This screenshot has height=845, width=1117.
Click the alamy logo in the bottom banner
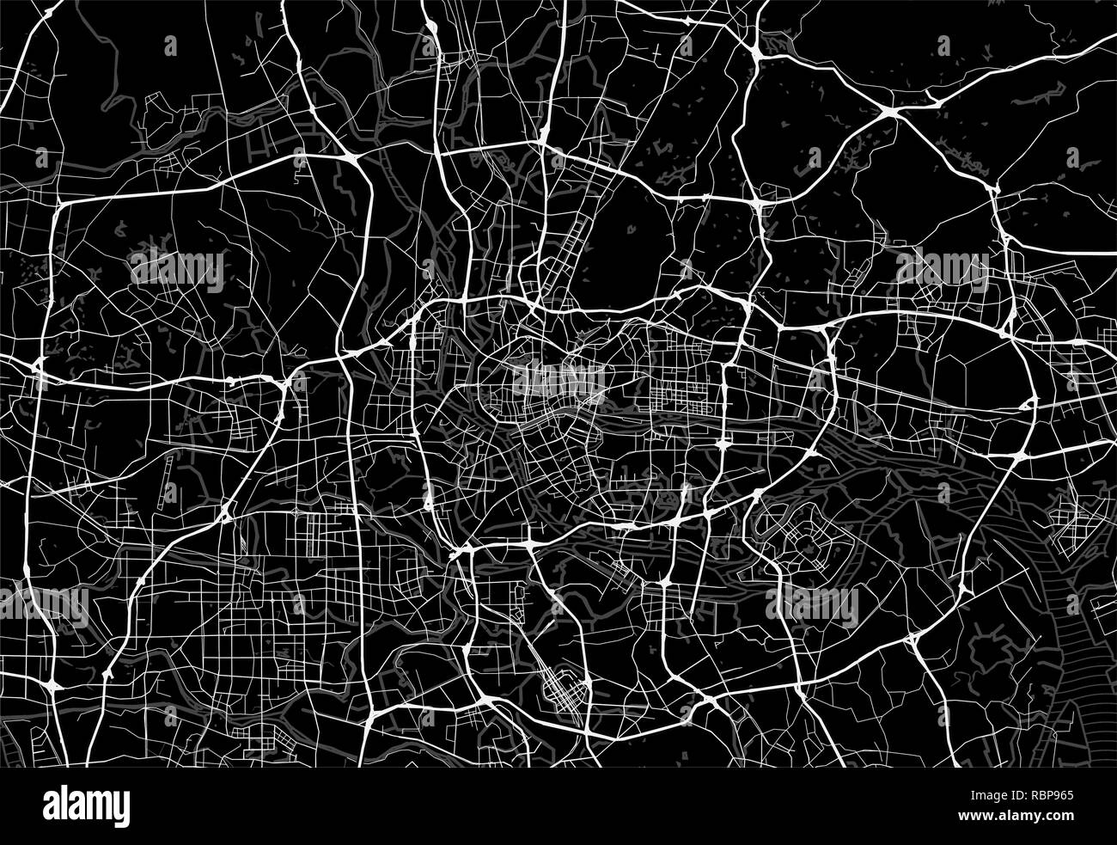point(87,808)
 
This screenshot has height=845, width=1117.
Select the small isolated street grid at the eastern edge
point(1069,524)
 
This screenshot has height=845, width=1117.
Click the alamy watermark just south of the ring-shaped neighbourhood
point(812,607)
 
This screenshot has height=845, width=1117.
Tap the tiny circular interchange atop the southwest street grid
point(225,514)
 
